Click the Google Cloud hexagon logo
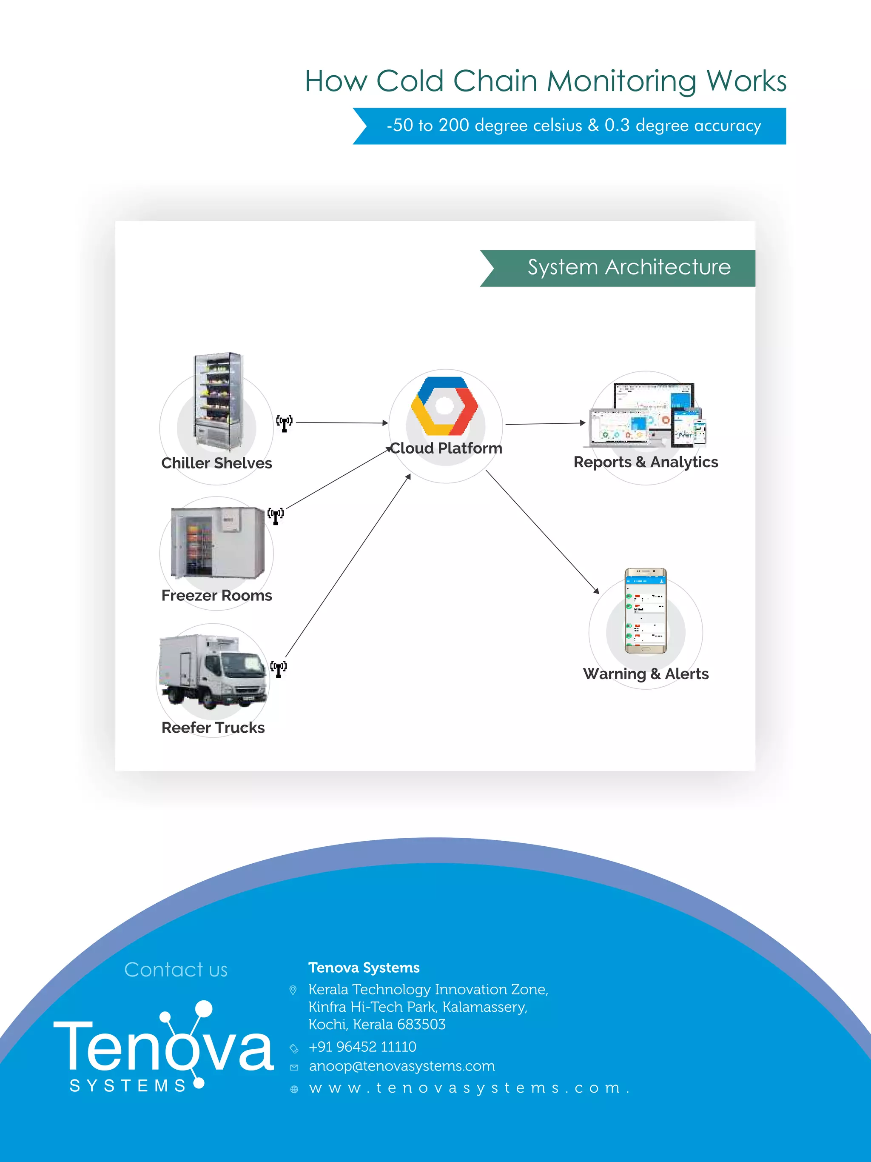(445, 406)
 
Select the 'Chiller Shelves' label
(216, 463)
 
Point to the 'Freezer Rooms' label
(216, 596)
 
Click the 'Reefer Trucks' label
(213, 728)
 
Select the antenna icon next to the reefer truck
(278, 669)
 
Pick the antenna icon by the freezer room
(276, 516)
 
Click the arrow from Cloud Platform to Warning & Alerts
(542, 531)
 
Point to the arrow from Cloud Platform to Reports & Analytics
(545, 423)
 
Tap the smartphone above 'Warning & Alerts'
(645, 611)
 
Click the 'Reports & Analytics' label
(645, 462)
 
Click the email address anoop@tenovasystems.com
(401, 1066)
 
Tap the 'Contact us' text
(176, 970)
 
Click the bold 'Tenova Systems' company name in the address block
(364, 968)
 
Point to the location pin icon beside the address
(293, 990)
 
